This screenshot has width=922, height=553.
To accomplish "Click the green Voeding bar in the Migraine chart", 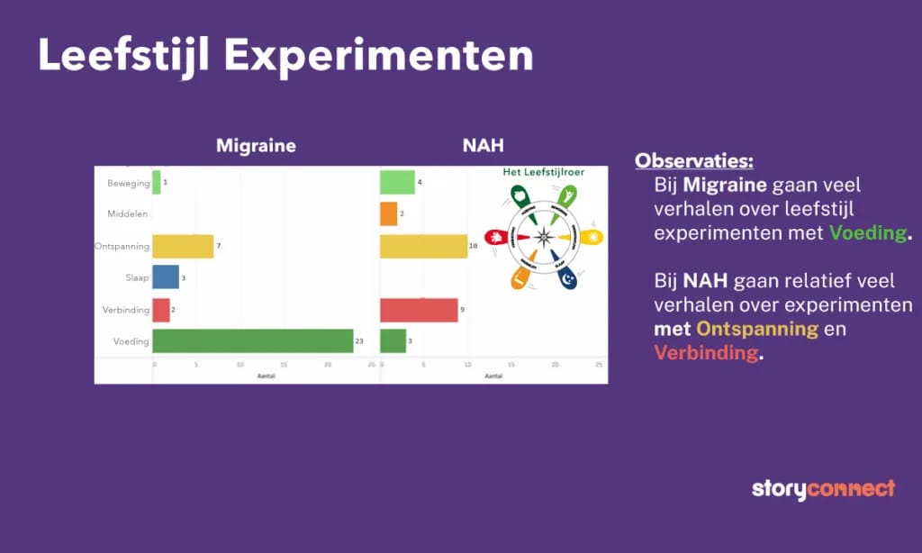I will pos(252,340).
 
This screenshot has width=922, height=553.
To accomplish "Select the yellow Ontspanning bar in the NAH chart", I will pos(423,246).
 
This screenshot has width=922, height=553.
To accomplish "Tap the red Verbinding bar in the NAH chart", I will pos(419,310).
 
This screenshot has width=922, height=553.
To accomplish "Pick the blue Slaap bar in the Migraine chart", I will pos(166,277).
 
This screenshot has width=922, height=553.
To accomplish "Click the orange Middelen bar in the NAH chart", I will pos(388,213).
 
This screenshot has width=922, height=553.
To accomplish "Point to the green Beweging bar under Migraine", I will pos(157,182).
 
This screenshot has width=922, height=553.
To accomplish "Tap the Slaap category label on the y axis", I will pos(137,277).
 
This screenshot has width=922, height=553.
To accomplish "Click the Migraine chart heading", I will pos(256,145).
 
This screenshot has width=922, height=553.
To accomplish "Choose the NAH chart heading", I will pos(483,145).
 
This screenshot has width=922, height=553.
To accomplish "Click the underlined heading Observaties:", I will pos(693,161).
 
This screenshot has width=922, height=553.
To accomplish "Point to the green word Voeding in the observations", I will pos(868,232).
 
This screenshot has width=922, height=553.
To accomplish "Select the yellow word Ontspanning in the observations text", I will pos(756,329).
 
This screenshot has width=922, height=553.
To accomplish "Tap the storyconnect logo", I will pos(823,489).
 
